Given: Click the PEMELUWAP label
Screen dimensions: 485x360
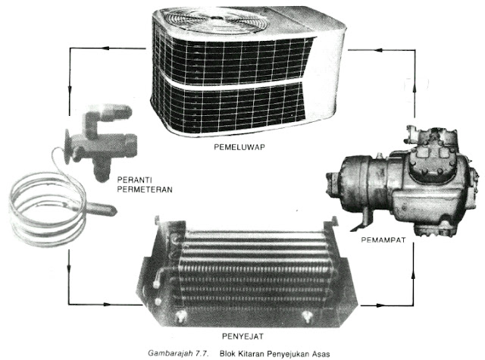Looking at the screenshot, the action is pos(239,147).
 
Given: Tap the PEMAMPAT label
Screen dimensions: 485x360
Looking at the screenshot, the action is pos(383,239).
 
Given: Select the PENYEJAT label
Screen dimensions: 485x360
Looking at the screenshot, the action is pos(242,337).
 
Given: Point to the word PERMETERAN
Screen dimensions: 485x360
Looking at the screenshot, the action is pos(145,189).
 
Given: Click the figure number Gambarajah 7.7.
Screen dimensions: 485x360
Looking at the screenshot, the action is pos(179,353).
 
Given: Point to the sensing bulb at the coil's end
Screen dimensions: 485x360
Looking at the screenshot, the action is pos(99,208).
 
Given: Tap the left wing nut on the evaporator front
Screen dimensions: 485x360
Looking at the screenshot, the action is pos(180,316).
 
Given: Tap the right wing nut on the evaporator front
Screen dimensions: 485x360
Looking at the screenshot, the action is pos(307,316).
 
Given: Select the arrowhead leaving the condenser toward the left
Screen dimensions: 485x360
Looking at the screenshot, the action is pos(106,48).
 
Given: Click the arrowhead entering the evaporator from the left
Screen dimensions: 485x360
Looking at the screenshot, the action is pos(107,305).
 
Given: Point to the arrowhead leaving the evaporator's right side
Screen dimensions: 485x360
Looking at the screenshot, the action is pos(380,305).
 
